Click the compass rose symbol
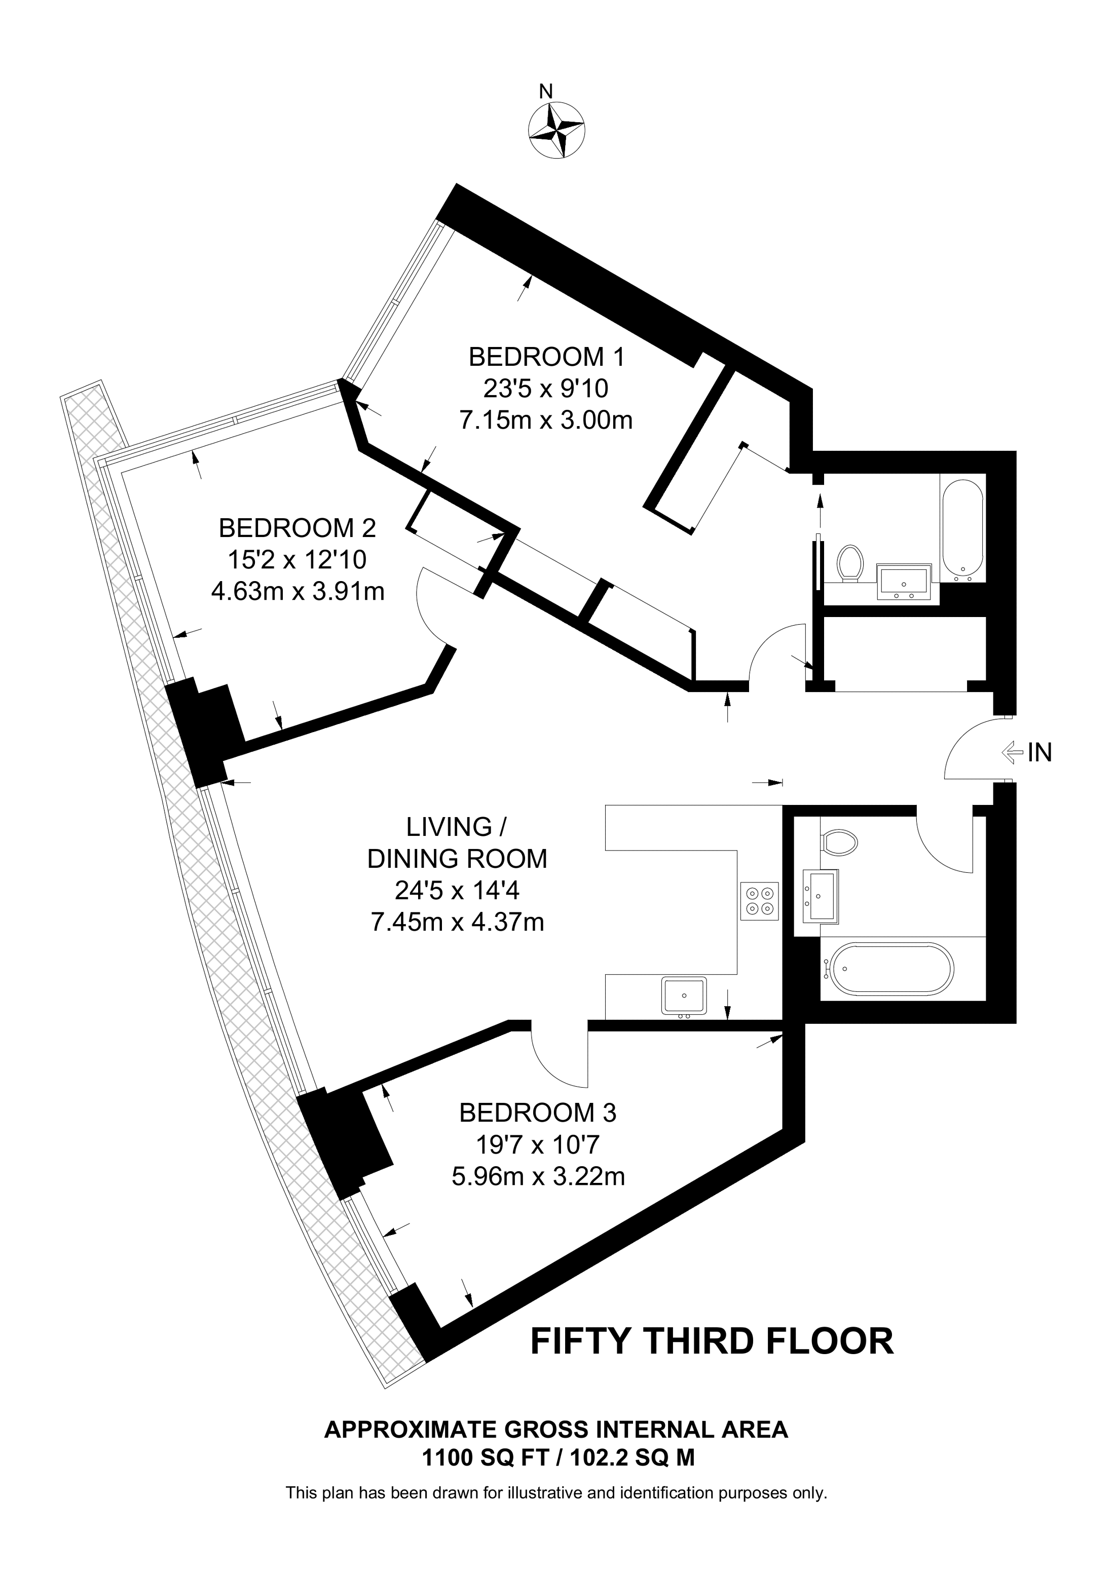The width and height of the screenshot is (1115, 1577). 556,130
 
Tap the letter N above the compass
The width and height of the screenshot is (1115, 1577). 545,91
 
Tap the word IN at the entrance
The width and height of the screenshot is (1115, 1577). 1039,753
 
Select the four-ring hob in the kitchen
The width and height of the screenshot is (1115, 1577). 760,901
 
